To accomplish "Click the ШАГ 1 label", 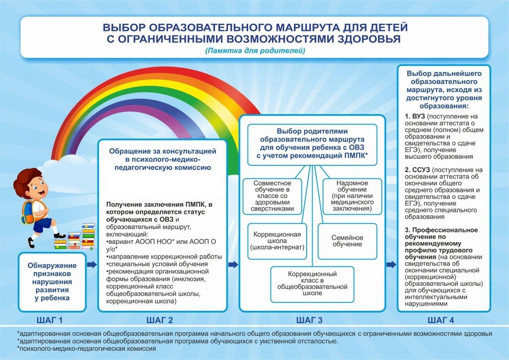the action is [x=50, y=320].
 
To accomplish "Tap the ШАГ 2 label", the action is [x=159, y=320].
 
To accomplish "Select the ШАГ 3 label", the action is [x=309, y=320].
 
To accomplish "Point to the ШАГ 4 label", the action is [x=441, y=320].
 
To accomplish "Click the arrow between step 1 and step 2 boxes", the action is [x=92, y=265].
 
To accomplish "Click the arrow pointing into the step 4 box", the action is [x=391, y=265].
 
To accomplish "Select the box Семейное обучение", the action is [x=348, y=241].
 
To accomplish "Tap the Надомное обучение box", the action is [x=352, y=197].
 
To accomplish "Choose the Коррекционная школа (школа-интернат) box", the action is [x=277, y=241].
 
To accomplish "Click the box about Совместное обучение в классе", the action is [x=272, y=197].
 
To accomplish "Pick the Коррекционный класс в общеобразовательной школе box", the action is [x=312, y=284].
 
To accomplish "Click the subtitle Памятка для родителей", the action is [x=255, y=51].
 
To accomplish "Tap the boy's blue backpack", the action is [x=28, y=212].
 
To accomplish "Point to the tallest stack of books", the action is [x=88, y=236].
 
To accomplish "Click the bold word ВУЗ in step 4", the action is [x=418, y=117].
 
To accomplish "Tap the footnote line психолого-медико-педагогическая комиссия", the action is [x=87, y=348].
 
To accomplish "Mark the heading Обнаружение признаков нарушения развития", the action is [x=52, y=282].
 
